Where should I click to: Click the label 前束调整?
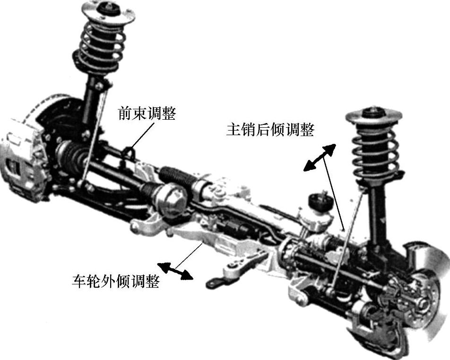pyautogui.click(x=147, y=113)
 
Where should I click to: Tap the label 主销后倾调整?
pyautogui.click(x=270, y=130)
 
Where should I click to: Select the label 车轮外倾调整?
pyautogui.click(x=115, y=281)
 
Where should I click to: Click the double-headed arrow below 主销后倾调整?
pyautogui.click(x=320, y=158)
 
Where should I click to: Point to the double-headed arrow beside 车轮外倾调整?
pyautogui.click(x=175, y=271)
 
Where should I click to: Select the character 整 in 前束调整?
pyautogui.click(x=169, y=113)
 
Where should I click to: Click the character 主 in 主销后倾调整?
pyautogui.click(x=234, y=130)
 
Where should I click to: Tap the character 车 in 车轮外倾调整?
pyautogui.click(x=79, y=281)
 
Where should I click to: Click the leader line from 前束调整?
pyautogui.click(x=141, y=136)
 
